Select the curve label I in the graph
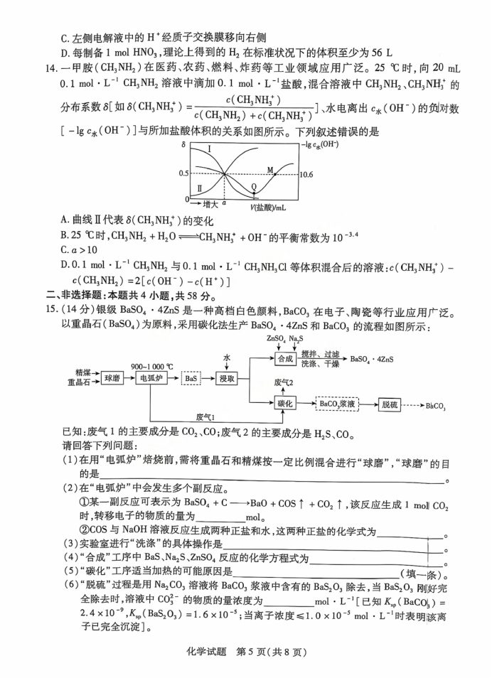point(210,149)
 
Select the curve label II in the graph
point(200,188)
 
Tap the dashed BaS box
point(191,379)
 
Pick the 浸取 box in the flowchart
point(228,379)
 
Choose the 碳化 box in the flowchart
point(285,404)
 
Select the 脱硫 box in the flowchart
point(393,404)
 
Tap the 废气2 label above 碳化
point(284,383)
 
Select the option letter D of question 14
point(65,264)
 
